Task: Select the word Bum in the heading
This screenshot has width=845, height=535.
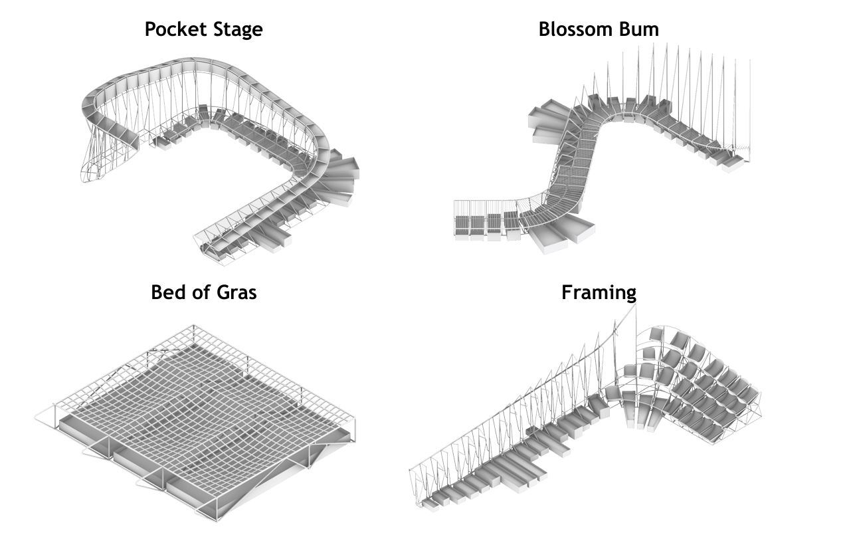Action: click(639, 29)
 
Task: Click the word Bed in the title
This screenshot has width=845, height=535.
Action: click(167, 292)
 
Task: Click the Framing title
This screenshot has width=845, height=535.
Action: click(599, 293)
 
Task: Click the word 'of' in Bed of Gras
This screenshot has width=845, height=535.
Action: click(200, 292)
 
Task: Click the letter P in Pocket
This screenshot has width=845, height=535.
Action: click(151, 29)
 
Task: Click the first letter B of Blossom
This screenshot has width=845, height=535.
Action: click(545, 29)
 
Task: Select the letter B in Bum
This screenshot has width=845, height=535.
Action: click(625, 29)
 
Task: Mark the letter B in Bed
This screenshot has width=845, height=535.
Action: click(157, 292)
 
